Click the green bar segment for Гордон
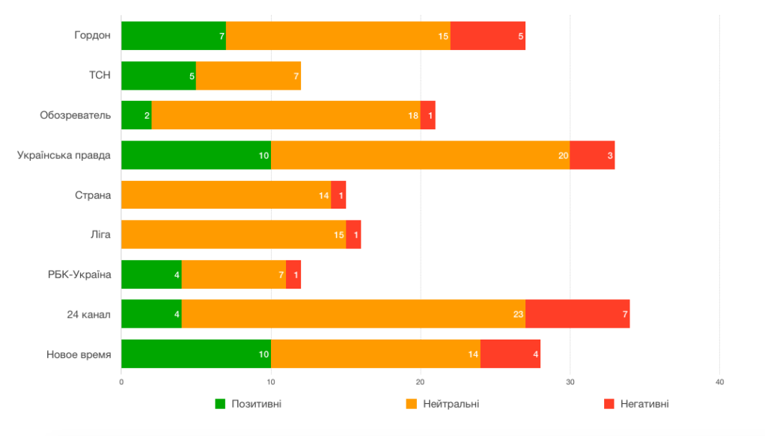173,36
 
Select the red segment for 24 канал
577,314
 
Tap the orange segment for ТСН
248,76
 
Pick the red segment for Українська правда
592,155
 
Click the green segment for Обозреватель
135,115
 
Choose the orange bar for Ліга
233,234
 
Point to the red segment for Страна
338,194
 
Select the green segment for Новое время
195,354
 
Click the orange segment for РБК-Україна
233,274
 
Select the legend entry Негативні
644,404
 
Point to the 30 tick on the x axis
570,382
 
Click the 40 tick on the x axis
719,382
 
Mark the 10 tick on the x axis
271,382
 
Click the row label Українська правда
64,155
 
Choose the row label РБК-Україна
79,274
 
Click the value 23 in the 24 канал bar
518,314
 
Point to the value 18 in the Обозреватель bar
413,115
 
